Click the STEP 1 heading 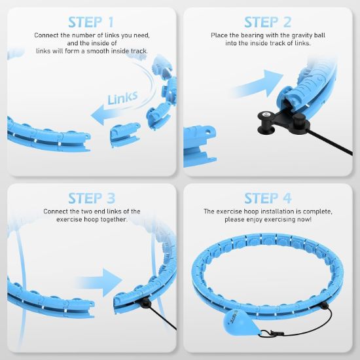pyautogui.click(x=92, y=23)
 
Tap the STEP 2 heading pyautogui.click(x=268, y=23)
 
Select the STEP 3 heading pyautogui.click(x=92, y=198)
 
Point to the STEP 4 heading pyautogui.click(x=268, y=198)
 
